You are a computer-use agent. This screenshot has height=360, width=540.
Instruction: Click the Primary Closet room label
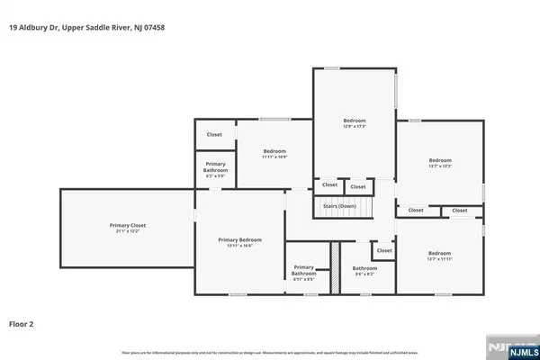127,225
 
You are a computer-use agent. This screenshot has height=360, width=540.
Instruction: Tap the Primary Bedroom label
240,239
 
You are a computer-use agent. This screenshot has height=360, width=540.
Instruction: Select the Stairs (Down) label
336,206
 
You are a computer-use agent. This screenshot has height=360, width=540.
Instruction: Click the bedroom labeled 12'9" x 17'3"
355,121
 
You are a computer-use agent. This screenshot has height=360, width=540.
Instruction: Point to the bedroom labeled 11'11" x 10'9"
274,151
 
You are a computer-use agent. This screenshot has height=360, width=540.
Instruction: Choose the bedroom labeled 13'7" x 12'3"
439,161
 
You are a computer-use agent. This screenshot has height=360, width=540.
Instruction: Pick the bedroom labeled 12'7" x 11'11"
439,254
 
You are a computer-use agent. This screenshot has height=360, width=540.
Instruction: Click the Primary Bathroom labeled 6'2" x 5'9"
215,167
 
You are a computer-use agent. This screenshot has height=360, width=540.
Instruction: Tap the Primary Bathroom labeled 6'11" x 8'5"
304,270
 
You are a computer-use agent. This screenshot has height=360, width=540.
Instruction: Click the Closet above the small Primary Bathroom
214,134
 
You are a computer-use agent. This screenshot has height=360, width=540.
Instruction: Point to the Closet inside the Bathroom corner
384,250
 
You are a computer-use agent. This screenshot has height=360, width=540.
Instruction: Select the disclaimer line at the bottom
270,351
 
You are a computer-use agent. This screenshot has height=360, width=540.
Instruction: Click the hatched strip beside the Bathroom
332,267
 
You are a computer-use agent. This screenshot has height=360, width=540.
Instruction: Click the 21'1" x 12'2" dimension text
127,232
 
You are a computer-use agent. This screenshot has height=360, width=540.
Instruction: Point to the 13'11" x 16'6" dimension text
240,246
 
